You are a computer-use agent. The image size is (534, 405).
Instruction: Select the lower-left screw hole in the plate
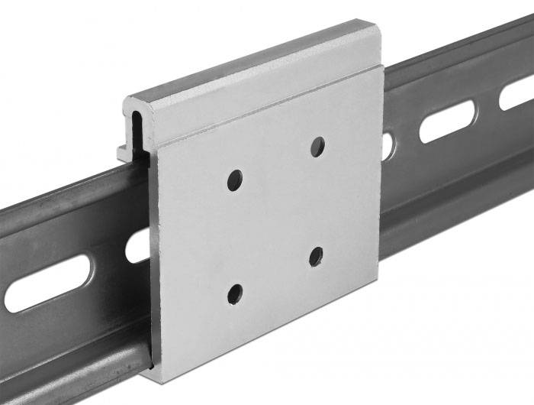pyautogui.click(x=235, y=293)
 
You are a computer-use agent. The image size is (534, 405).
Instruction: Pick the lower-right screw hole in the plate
pyautogui.click(x=316, y=257)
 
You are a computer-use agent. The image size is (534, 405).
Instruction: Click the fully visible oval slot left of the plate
pyautogui.click(x=47, y=283)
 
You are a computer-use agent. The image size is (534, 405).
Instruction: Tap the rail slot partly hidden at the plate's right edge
pyautogui.click(x=388, y=146)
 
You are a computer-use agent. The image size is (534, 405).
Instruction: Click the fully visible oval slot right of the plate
pyautogui.click(x=446, y=122)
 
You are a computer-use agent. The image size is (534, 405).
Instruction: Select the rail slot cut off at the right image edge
pyautogui.click(x=517, y=93)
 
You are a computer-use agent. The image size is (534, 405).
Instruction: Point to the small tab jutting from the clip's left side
pyautogui.click(x=123, y=152)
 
